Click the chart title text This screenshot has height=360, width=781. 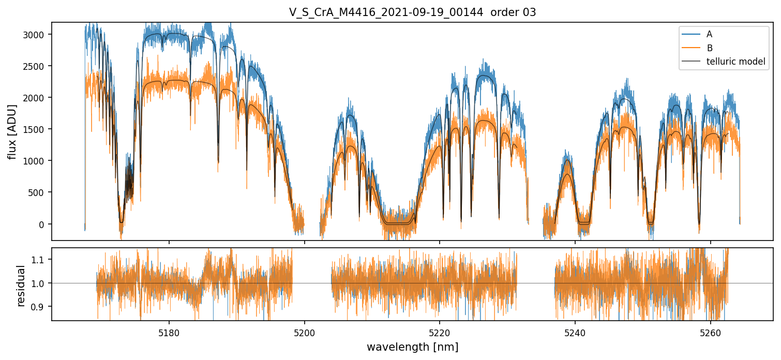pos(412,12)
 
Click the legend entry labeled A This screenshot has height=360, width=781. pos(709,34)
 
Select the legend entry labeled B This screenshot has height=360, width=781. pos(709,48)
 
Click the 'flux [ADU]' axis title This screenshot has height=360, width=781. pos(12,131)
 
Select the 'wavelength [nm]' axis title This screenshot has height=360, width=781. pos(412,347)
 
